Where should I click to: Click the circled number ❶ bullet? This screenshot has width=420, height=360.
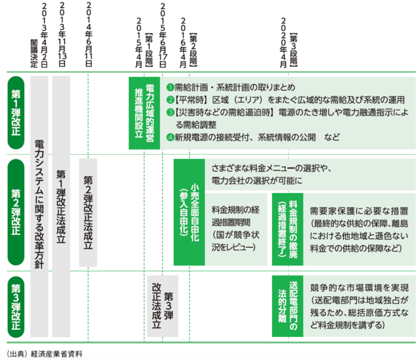click(170, 87)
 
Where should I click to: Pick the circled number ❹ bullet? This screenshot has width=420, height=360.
click(170, 137)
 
